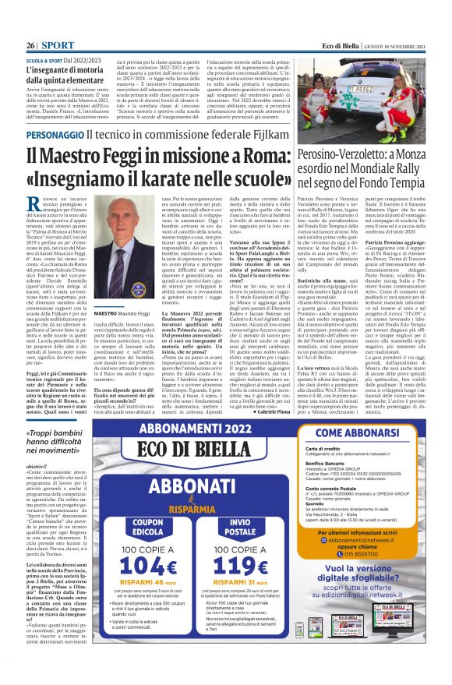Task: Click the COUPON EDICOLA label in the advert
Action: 147,504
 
